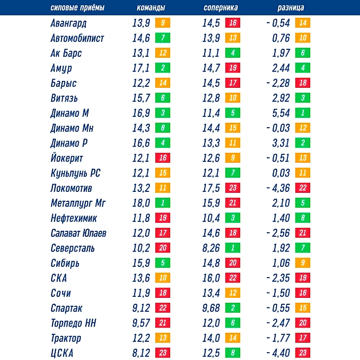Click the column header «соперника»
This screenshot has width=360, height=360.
click(220, 8)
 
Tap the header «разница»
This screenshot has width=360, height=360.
click(290, 8)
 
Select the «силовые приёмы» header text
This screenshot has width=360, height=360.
click(77, 8)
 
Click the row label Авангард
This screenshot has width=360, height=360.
click(72, 23)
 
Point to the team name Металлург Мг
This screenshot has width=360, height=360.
click(78, 203)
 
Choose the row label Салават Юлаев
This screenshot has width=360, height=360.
click(78, 233)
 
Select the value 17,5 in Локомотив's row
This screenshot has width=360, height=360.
click(211, 188)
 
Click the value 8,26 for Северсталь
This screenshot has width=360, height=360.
click(211, 248)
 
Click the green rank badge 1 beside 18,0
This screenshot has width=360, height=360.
click(162, 203)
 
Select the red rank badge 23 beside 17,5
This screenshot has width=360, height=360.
click(232, 188)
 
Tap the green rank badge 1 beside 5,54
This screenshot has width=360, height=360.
click(302, 113)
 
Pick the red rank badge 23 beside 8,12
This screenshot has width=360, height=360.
click(162, 353)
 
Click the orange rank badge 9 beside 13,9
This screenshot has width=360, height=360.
click(162, 23)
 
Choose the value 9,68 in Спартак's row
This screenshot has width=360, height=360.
click(211, 308)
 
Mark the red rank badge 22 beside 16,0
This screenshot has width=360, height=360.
click(232, 278)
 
